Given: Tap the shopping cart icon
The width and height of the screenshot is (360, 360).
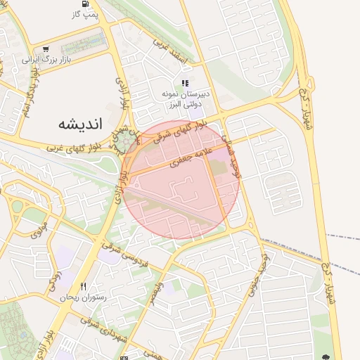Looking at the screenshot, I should tap(46, 49).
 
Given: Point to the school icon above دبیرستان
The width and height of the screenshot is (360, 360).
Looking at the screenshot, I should tap(184, 83).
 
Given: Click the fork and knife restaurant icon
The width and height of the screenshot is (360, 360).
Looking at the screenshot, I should tap(84, 286).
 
